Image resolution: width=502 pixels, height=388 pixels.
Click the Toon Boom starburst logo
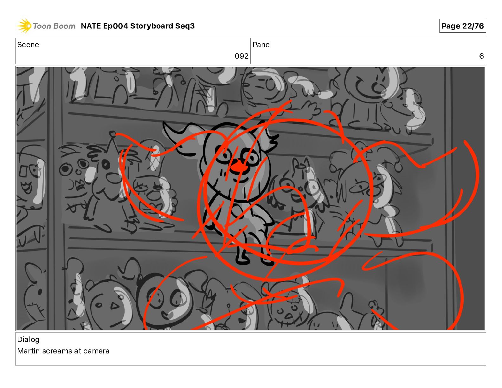tap(24, 26)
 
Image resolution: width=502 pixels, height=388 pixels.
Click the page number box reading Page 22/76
tap(462, 26)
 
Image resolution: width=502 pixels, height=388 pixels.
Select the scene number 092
tap(241, 56)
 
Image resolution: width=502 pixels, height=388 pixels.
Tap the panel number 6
tap(481, 56)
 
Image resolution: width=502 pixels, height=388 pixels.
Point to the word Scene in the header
tap(28, 45)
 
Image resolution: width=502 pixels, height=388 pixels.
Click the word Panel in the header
tap(262, 45)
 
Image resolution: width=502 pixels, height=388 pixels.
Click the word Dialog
tap(28, 340)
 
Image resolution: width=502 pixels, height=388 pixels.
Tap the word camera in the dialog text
tap(96, 351)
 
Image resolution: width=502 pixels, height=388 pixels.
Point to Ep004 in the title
tap(115, 26)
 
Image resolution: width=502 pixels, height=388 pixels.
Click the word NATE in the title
tap(91, 26)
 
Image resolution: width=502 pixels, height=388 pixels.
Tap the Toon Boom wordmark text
tap(54, 26)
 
